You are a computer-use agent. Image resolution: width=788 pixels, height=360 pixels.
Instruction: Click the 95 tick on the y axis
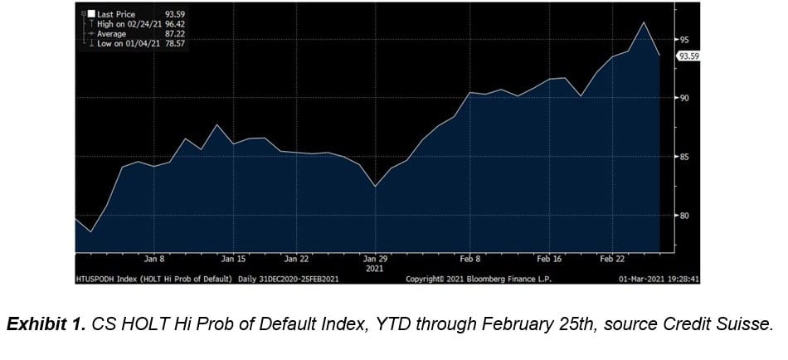point(685,39)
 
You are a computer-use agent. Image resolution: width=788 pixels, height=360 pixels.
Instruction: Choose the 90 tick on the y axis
point(685,98)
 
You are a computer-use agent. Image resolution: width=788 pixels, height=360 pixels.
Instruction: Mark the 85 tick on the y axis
point(685,157)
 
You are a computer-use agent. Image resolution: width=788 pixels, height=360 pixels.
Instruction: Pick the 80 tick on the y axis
point(685,216)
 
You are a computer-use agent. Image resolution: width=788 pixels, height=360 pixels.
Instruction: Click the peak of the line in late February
point(644,22)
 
